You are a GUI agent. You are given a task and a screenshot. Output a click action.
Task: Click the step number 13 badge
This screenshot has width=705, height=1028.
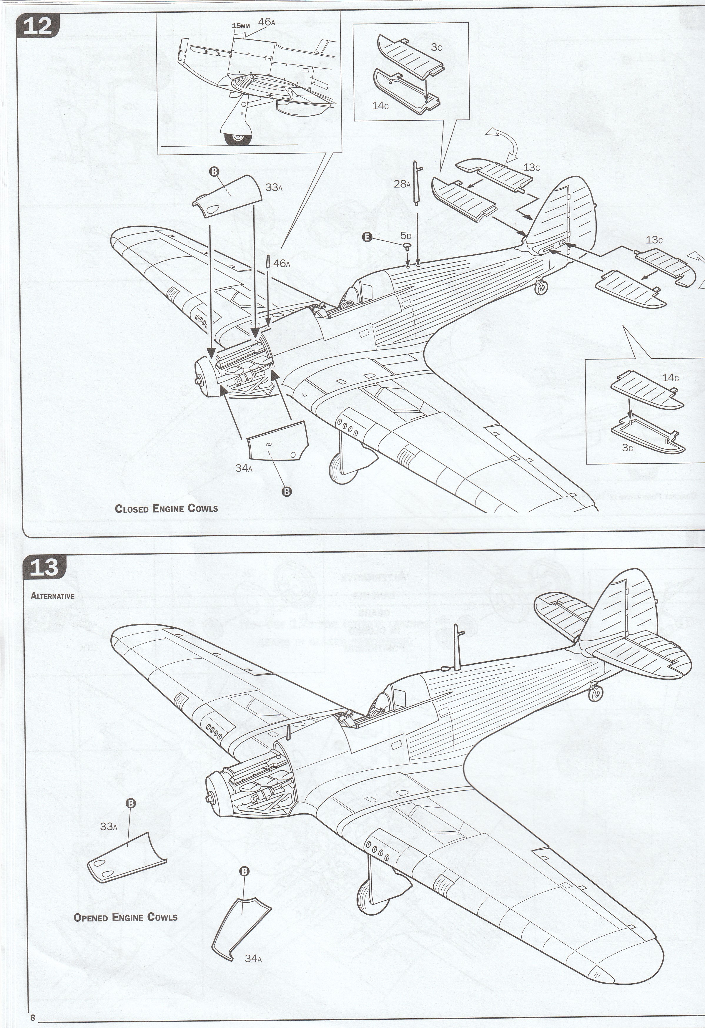pyautogui.click(x=44, y=567)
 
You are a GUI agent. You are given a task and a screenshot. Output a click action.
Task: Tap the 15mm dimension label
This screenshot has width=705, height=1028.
pyautogui.click(x=241, y=26)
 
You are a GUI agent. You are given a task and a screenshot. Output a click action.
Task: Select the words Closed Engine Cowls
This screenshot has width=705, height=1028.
pyautogui.click(x=166, y=508)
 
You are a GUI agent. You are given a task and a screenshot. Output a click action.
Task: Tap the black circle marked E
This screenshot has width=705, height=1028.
pyautogui.click(x=367, y=237)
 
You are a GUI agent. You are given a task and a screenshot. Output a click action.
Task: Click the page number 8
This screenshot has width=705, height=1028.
pyautogui.click(x=33, y=1016)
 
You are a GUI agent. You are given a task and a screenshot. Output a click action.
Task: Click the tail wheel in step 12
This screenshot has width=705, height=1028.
pyautogui.click(x=540, y=288)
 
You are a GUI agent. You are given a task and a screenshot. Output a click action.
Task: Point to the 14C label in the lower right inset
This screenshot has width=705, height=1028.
pyautogui.click(x=670, y=377)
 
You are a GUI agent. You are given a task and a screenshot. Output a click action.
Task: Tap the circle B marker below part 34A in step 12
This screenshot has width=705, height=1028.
pyautogui.click(x=287, y=491)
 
